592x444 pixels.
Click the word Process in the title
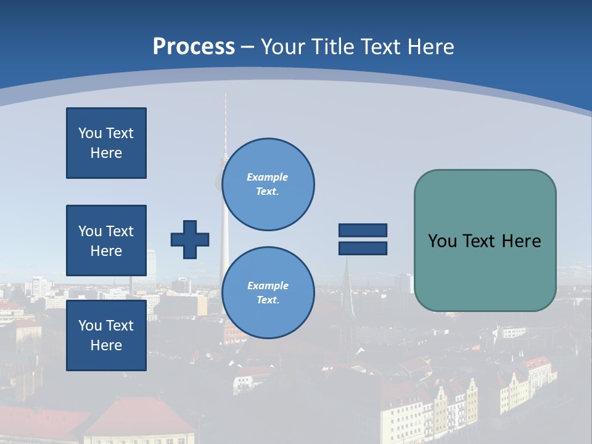click(x=194, y=47)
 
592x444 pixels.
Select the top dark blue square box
click(x=106, y=143)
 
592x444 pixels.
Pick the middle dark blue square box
click(x=106, y=240)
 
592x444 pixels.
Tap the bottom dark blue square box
click(x=106, y=335)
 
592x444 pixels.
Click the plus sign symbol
click(x=189, y=239)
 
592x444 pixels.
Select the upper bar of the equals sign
click(x=363, y=230)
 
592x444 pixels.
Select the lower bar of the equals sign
click(x=363, y=249)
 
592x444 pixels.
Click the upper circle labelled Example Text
click(x=268, y=184)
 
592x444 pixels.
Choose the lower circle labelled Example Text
click(x=268, y=292)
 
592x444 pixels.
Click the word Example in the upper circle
click(x=268, y=177)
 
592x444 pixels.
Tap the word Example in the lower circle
click(x=268, y=286)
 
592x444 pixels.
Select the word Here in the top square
click(x=106, y=153)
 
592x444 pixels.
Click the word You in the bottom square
click(x=89, y=326)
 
